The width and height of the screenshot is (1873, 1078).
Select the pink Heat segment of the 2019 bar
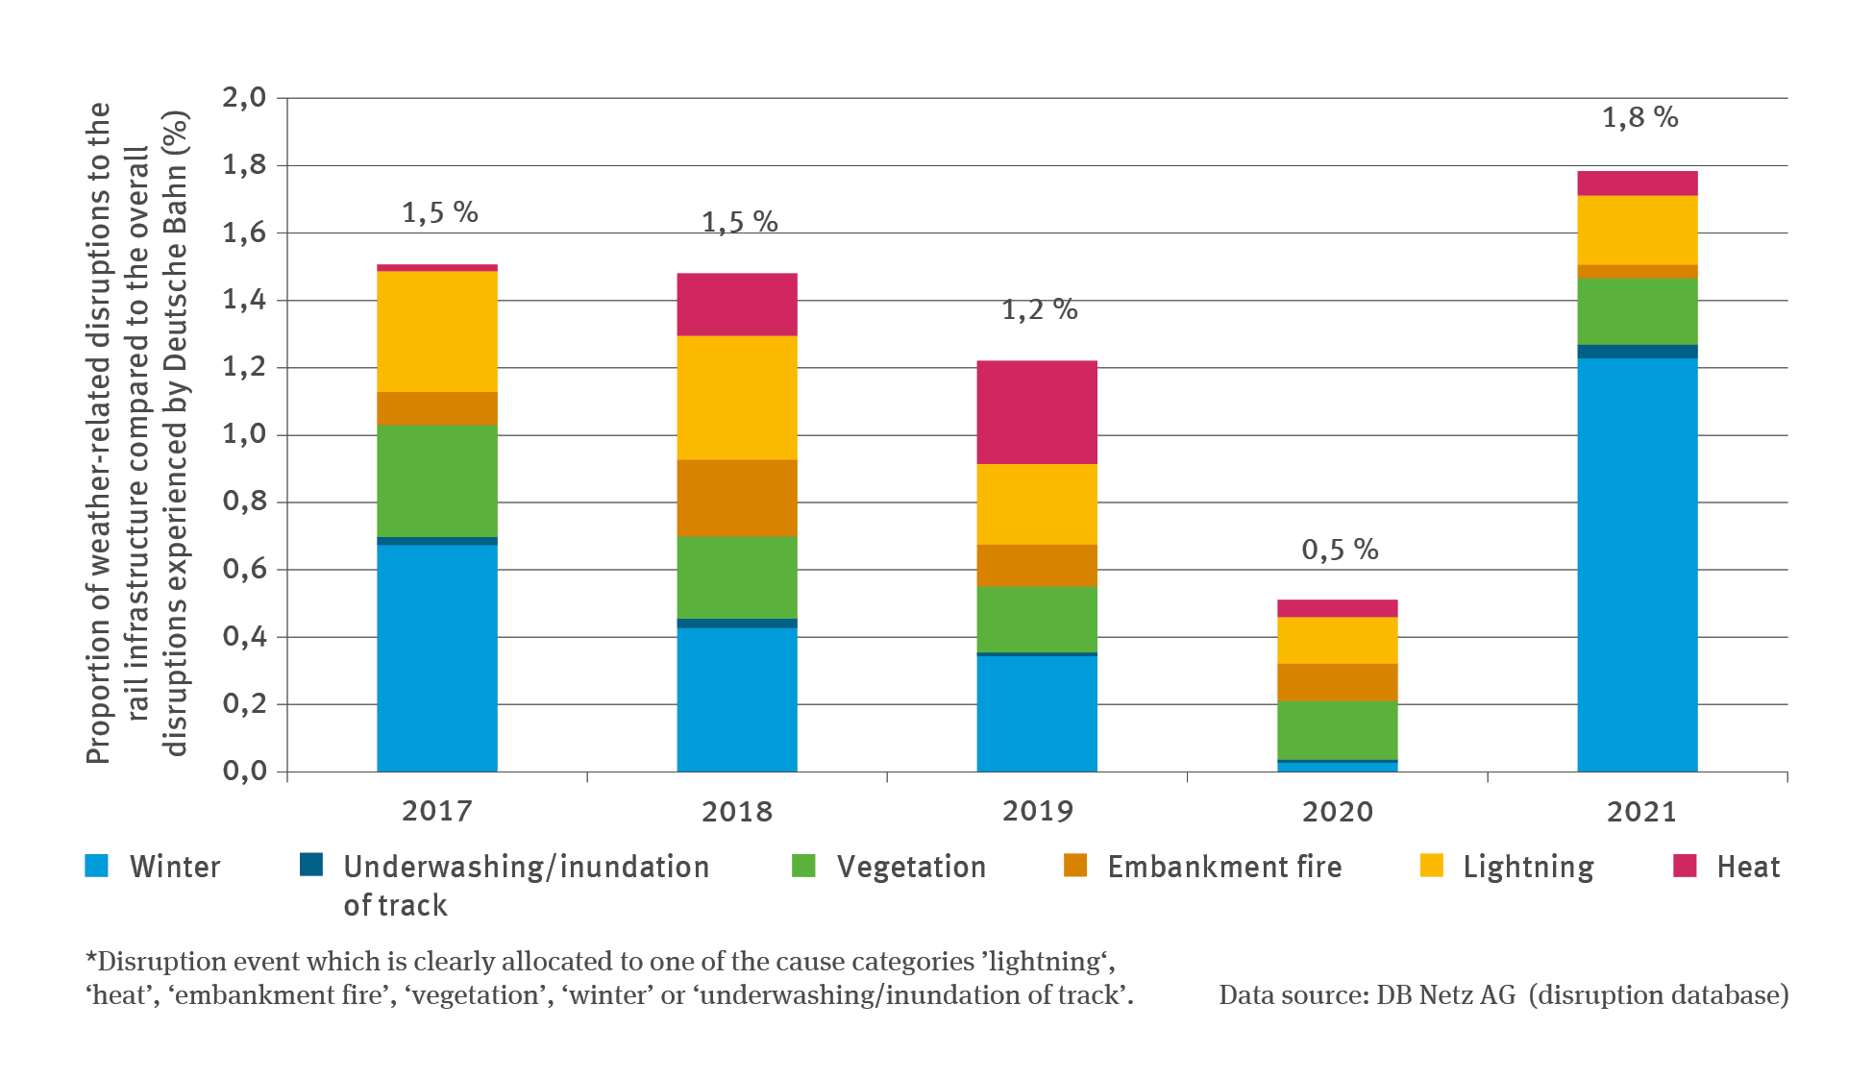click(x=1037, y=412)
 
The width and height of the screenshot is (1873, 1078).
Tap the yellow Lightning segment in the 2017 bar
click(x=436, y=331)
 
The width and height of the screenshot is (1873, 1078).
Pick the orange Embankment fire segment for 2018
click(x=737, y=498)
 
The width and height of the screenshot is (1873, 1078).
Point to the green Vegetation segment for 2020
click(x=1337, y=730)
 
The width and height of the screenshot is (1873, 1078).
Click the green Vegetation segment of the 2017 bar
click(x=436, y=480)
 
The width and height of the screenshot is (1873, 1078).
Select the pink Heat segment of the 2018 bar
click(x=737, y=304)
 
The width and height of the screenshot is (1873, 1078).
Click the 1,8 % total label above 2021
click(x=1639, y=118)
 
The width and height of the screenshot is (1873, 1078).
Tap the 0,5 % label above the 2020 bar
click(x=1340, y=550)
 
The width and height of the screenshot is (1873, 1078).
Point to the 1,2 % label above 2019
click(x=1039, y=309)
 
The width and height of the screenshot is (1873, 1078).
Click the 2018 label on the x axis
click(x=737, y=812)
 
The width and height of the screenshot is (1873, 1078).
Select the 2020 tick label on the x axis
click(x=1337, y=812)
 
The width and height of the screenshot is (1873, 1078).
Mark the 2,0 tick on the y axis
click(x=244, y=97)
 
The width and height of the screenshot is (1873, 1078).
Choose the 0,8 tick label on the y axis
click(x=244, y=502)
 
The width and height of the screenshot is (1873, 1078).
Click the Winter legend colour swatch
click(x=97, y=866)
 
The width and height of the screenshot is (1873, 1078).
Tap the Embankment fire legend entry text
click(x=1224, y=867)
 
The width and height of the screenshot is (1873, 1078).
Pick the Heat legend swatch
click(x=1685, y=866)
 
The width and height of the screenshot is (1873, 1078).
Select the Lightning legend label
click(x=1528, y=867)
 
